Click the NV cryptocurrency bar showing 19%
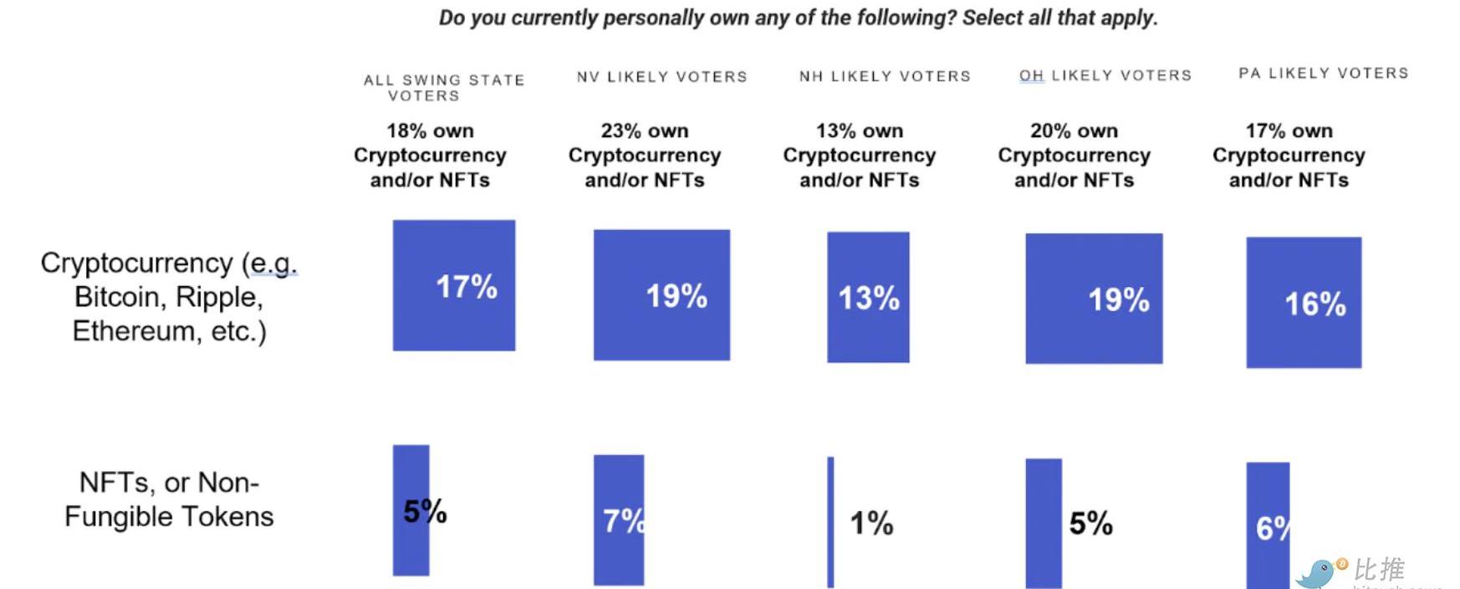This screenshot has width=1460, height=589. (661, 294)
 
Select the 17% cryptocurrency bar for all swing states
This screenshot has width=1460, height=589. (454, 285)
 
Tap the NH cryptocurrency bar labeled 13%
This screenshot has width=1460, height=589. (868, 297)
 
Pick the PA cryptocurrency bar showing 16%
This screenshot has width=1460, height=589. (1304, 302)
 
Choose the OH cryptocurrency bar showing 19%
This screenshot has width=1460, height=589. (1094, 298)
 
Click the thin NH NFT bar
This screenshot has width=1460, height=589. (830, 522)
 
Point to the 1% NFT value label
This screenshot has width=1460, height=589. (871, 524)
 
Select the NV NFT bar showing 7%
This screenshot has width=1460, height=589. (618, 520)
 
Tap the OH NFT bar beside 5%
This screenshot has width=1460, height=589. (1044, 523)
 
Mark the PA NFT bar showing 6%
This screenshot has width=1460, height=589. (1267, 525)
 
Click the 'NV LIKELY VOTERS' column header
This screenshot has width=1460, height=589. (661, 77)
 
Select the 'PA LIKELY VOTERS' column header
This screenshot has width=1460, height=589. (1323, 74)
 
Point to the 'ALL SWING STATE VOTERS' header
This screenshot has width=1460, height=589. (443, 88)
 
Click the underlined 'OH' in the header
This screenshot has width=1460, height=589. (1031, 75)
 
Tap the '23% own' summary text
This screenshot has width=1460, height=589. (644, 131)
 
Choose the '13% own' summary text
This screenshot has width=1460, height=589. (859, 131)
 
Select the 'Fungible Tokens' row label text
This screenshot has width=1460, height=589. (169, 516)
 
